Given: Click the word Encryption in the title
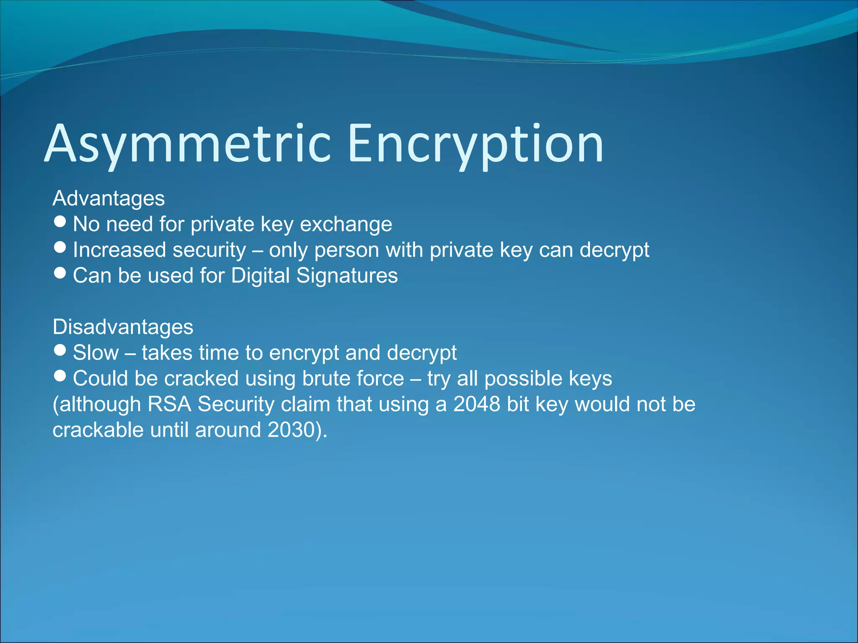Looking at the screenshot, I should point(476,144).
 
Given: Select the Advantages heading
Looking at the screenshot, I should point(109,198).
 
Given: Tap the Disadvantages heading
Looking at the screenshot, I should point(123,327).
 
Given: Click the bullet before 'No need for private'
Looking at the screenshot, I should point(60,221).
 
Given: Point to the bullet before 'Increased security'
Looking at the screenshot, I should point(60,247).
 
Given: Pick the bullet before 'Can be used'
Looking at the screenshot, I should point(60,273).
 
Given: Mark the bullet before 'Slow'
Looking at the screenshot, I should point(60,350).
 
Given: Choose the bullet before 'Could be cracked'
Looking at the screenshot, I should point(60,376).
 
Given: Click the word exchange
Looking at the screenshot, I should point(346,224).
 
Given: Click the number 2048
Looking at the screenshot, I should point(477,404).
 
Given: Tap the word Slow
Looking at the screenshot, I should point(96,353).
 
